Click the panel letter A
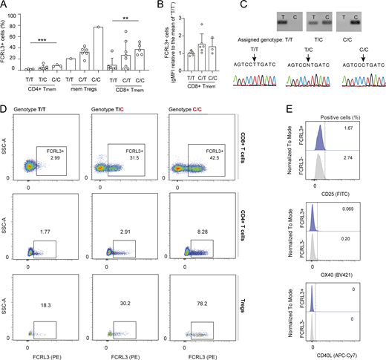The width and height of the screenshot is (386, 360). point(4,6)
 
